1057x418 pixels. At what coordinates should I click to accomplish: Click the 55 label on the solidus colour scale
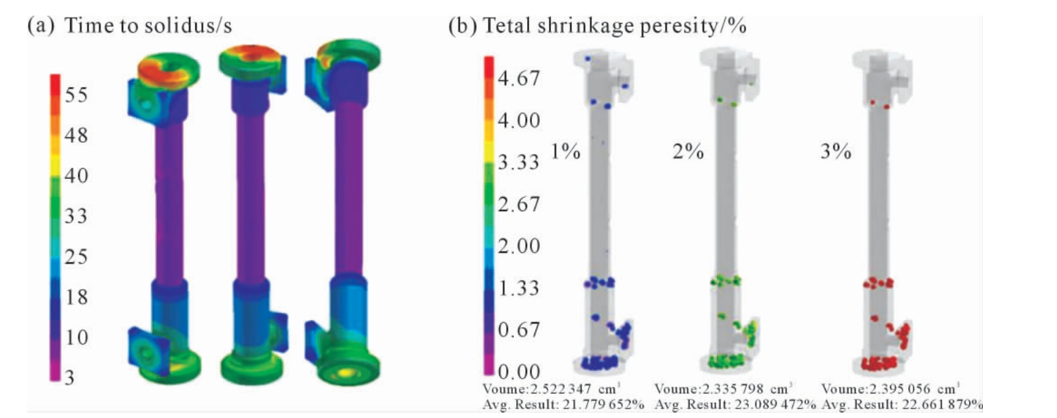tap(76, 95)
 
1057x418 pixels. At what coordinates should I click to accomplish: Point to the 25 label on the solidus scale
tap(76, 257)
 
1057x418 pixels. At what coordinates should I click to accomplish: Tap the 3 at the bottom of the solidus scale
tap(69, 378)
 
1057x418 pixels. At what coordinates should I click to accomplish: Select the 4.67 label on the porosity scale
tap(518, 78)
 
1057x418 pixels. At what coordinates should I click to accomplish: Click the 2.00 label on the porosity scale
tap(518, 246)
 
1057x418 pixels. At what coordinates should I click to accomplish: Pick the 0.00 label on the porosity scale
tap(518, 372)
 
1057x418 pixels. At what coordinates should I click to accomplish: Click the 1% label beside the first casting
tap(566, 152)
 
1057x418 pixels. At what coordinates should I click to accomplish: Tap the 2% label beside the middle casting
tap(688, 152)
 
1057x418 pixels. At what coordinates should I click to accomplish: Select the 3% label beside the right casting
tap(836, 152)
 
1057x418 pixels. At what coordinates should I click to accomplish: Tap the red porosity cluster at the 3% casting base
tap(879, 363)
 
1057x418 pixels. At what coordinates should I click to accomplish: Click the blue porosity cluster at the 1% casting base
tap(599, 363)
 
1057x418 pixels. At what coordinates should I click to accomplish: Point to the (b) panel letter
tap(463, 26)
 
